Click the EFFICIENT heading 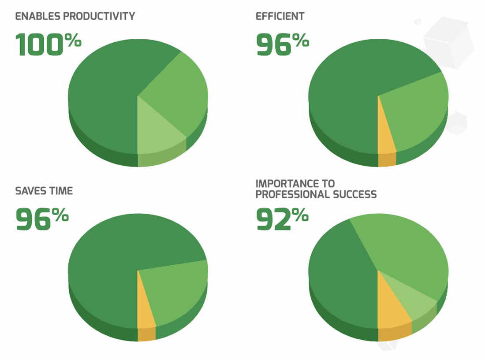[x=280, y=17]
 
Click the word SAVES [x=30, y=191]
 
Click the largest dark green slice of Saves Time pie [x=110, y=260]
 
